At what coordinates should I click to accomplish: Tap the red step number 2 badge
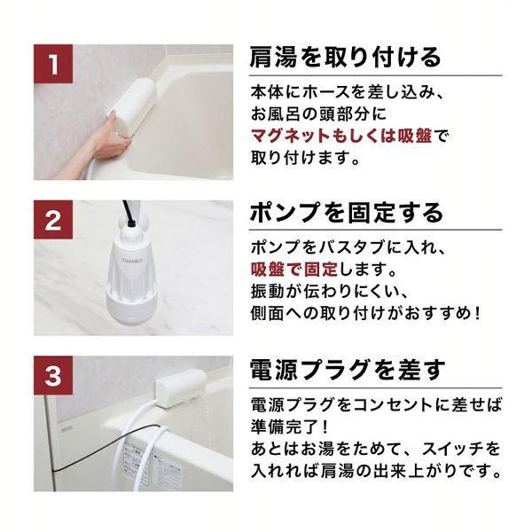click(55, 221)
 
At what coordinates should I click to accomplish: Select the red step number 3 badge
click(55, 376)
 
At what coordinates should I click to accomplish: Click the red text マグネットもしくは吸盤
click(342, 137)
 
